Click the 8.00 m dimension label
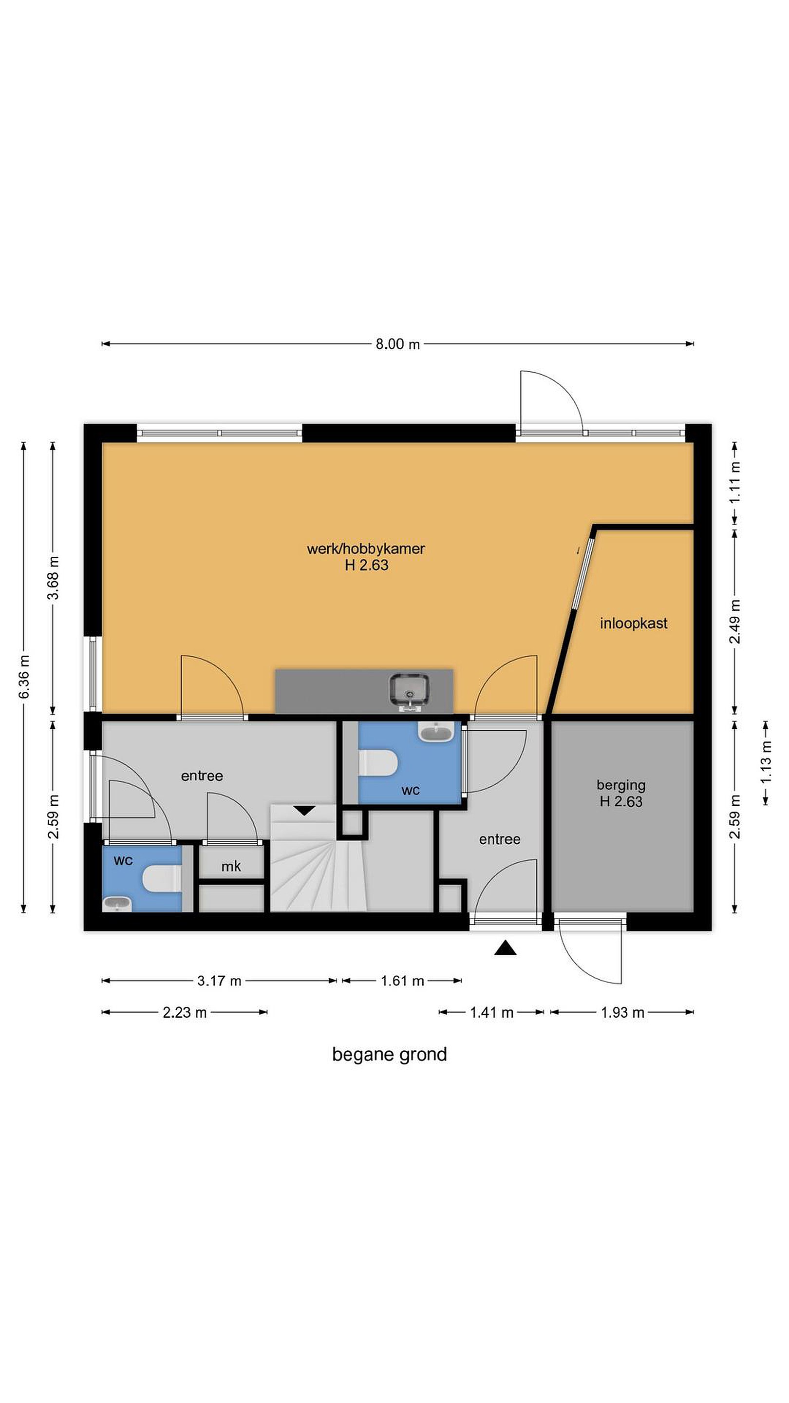397,344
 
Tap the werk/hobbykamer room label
366,549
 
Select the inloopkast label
633,623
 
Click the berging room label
621,785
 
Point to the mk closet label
231,866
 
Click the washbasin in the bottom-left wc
117,904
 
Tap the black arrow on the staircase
304,811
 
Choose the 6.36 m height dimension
23,677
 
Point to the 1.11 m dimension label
735,483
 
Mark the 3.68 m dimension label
53,578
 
